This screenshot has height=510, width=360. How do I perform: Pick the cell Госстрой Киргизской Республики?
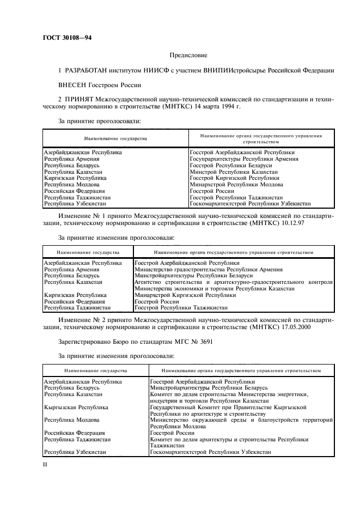click(x=234, y=178)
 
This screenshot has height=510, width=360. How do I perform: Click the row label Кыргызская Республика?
click(x=76, y=407)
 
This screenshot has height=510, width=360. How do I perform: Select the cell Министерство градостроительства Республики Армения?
click(x=208, y=270)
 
